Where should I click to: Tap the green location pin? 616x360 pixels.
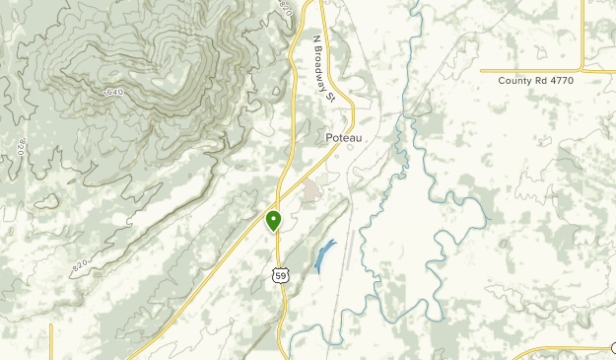tap(274, 220)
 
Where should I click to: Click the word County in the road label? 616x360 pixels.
tap(513, 80)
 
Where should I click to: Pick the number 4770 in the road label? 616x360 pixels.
tap(557, 80)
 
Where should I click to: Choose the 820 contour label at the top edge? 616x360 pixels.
tap(286, 8)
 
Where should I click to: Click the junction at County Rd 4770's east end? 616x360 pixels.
tap(582, 70)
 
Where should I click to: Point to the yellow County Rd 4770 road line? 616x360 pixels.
tap(532, 70)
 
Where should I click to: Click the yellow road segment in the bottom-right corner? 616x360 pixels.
tap(562, 349)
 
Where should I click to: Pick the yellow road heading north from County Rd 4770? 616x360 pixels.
tap(582, 35)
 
